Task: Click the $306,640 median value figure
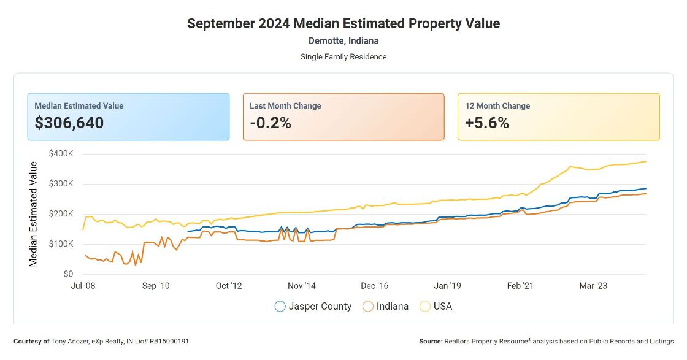(69, 123)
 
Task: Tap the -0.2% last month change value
(271, 123)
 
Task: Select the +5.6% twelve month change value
(487, 123)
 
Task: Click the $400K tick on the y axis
(61, 153)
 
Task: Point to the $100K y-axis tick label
(61, 243)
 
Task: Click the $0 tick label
(68, 274)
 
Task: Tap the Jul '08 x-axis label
(83, 286)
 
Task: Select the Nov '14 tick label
(302, 286)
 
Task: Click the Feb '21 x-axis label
(521, 286)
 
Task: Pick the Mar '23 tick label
(594, 286)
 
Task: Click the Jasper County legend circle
(280, 306)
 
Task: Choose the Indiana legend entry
(386, 306)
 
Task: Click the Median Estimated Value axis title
(34, 214)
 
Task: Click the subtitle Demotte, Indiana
(343, 41)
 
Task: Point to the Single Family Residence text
(343, 56)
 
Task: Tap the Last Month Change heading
(285, 105)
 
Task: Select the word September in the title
(221, 24)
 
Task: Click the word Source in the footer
(430, 341)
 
